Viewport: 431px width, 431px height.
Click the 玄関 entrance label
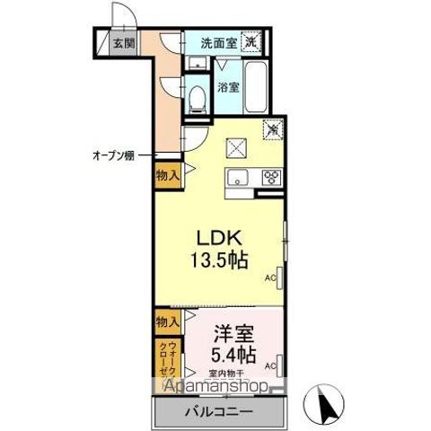tap(123, 42)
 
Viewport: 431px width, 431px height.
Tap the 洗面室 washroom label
tap(217, 41)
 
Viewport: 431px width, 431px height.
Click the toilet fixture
tap(197, 97)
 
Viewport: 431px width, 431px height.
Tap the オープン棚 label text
tap(113, 154)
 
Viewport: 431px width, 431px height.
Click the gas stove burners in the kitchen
tap(272, 177)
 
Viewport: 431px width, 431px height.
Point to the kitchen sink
tap(238, 176)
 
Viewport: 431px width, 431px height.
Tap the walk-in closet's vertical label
tap(165, 359)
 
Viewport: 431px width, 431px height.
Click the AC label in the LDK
tap(268, 278)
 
